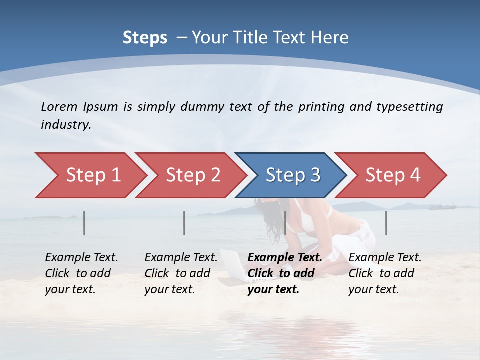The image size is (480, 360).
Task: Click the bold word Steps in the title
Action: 145,37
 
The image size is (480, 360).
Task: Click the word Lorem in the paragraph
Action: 58,106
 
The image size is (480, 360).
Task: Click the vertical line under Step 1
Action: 84,223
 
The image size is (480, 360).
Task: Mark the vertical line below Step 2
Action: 184,223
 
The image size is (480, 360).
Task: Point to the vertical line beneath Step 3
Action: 285,223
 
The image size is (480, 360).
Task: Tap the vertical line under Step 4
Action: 386,223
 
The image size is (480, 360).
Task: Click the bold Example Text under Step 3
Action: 285,258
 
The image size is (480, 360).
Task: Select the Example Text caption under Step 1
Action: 81,258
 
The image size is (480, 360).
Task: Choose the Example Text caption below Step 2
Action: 181,258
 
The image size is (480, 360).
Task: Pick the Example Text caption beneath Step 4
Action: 385,258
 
